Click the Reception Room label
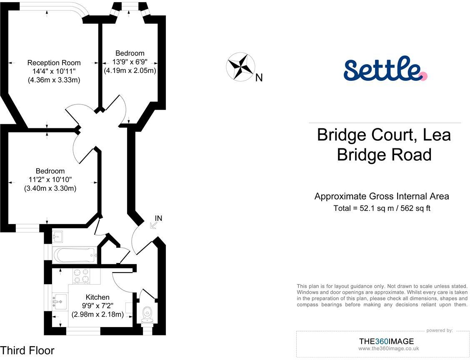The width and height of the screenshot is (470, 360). tap(54, 62)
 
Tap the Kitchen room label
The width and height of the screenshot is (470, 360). tap(97, 297)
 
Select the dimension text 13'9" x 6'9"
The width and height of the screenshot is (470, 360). tap(130, 62)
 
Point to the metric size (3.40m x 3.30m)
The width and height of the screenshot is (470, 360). tap(50, 189)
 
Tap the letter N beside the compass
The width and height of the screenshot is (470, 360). tap(259, 78)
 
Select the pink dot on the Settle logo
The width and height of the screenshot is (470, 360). tap(423, 76)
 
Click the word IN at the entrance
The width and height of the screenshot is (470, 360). tap(158, 218)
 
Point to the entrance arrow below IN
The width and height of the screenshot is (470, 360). tap(153, 225)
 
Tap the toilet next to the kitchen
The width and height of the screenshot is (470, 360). tap(147, 312)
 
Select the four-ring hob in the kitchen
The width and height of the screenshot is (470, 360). tap(82, 276)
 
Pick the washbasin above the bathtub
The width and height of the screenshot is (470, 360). tap(57, 237)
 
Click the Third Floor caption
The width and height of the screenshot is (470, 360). tap(27, 350)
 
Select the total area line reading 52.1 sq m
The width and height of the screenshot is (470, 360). tap(382, 208)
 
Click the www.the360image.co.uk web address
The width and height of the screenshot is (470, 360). tap(388, 349)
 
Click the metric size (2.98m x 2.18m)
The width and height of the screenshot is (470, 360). tap(98, 315)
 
